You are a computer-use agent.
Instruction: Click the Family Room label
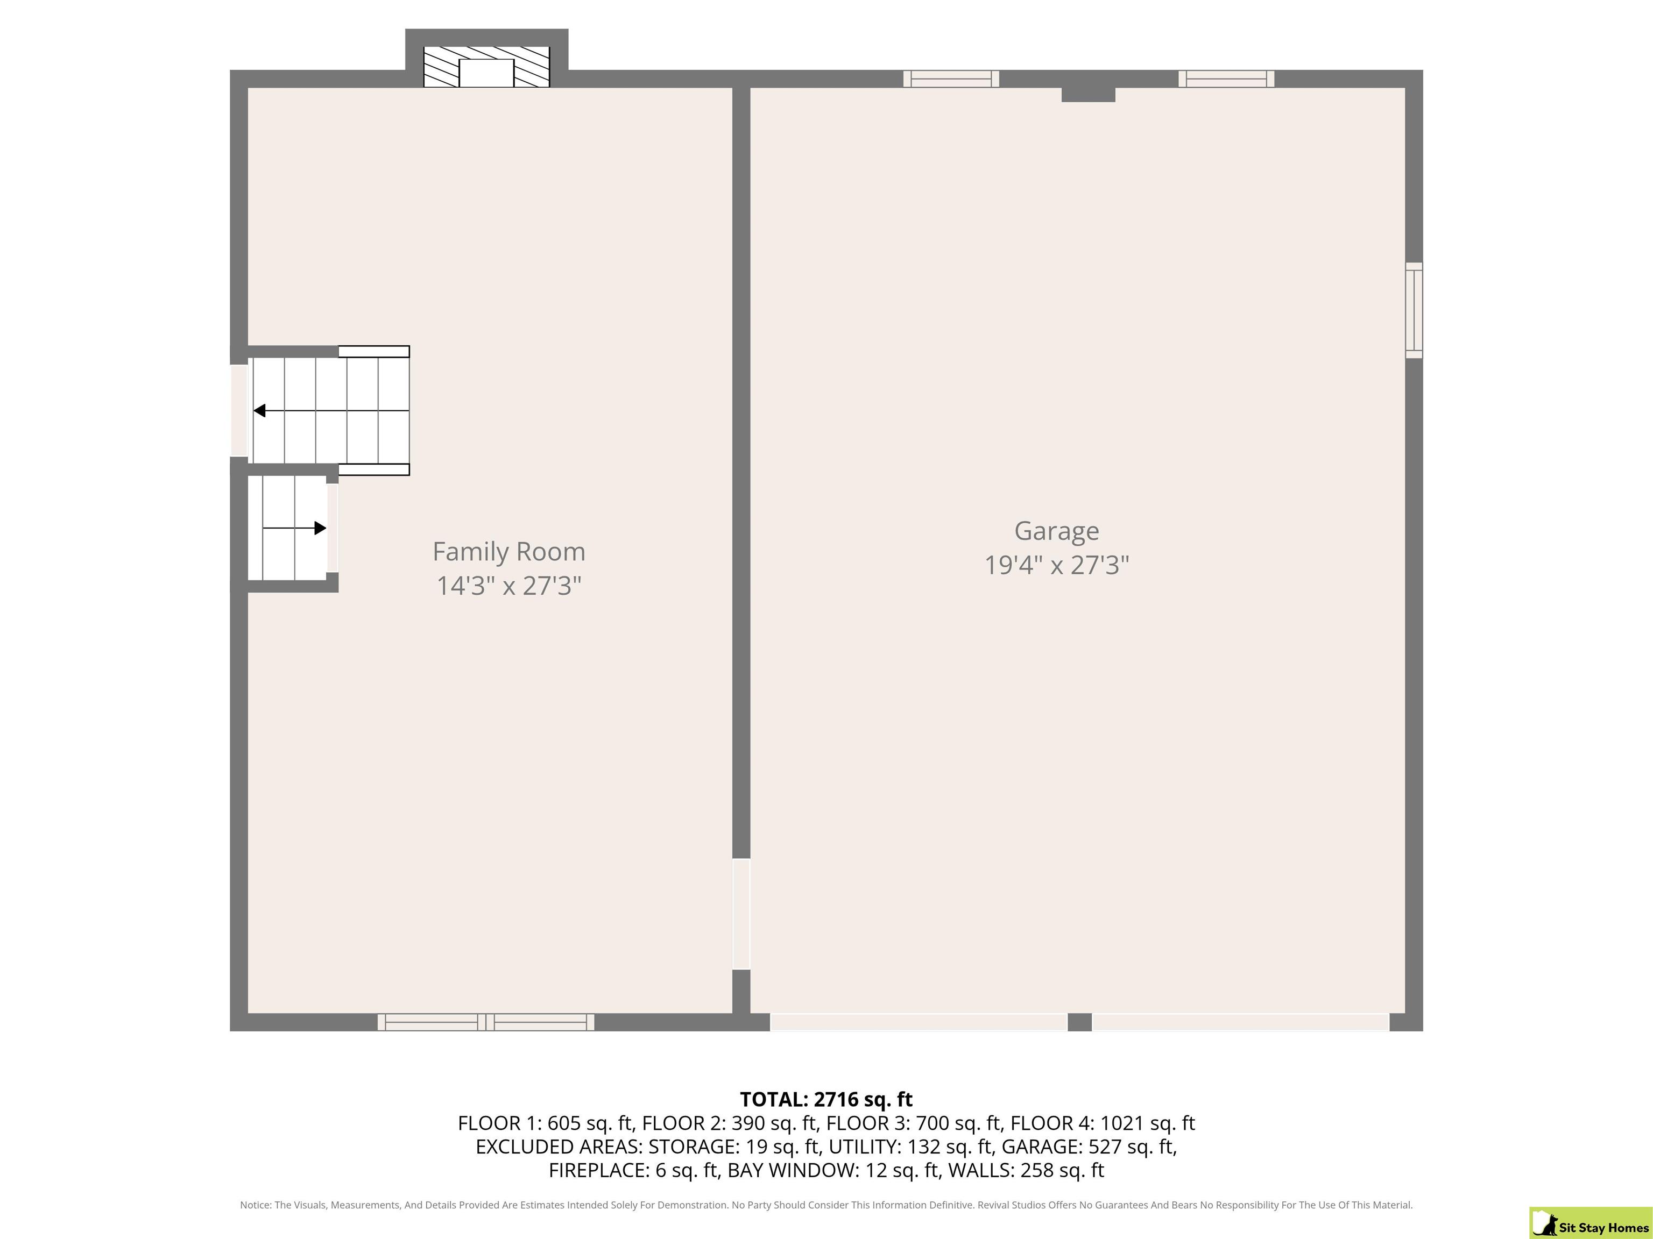509,551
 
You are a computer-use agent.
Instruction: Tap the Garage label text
1057,531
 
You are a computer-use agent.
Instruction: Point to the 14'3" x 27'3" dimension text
509,586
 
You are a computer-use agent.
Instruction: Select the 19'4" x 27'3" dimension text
1057,565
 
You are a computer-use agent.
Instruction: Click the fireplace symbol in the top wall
486,67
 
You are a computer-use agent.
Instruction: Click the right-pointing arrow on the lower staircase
294,528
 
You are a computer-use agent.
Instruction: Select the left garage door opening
919,1022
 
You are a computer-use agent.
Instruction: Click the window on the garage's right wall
1414,310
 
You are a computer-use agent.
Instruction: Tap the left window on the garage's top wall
951,79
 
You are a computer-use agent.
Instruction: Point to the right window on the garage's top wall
1226,79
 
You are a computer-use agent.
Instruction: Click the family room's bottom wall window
486,1022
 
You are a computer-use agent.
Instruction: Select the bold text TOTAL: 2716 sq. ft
826,1099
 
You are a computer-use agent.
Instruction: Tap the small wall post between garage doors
1080,1022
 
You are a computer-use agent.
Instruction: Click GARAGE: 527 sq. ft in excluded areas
1089,1147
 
